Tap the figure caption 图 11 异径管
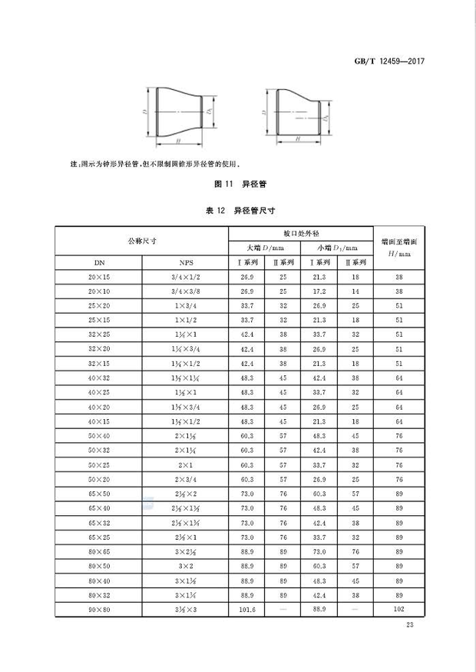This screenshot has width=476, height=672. pos(237,185)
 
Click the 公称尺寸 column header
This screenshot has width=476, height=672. pos(142,241)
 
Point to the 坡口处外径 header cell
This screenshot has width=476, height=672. pos(300,231)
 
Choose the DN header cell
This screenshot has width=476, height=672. pos(99,261)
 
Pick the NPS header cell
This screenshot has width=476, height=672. pos(186,261)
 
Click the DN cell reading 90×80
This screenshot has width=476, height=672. pos(99,607)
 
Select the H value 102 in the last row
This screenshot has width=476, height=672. pos(398,607)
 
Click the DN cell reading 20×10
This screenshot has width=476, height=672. pos(99,291)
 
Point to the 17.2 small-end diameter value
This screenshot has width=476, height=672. pos(319,291)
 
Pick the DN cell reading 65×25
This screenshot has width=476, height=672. pos(99,536)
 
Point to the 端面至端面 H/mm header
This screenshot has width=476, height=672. pos(398,246)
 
